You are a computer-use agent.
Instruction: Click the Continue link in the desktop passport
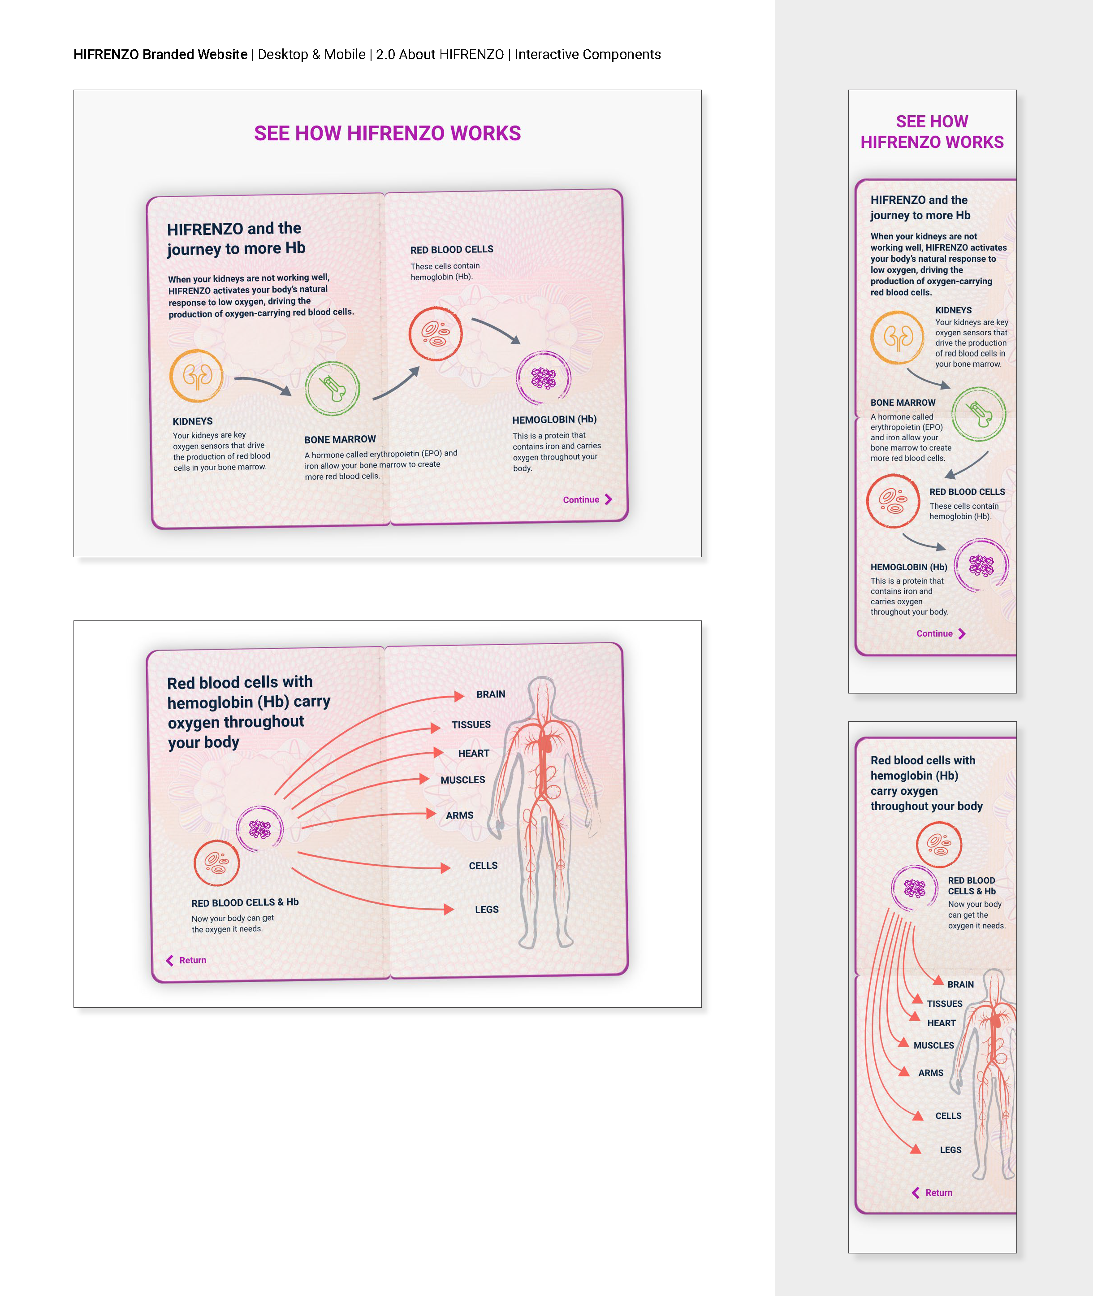tap(586, 499)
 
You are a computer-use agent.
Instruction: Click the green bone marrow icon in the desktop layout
tap(332, 389)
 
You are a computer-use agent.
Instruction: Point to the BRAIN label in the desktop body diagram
tap(490, 694)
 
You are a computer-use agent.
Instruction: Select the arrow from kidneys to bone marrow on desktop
tap(263, 384)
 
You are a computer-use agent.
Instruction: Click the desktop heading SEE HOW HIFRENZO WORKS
tap(387, 133)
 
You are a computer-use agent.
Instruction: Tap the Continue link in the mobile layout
tap(940, 633)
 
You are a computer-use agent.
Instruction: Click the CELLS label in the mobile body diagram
tap(948, 1116)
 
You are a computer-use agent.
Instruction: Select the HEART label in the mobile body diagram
tap(941, 1023)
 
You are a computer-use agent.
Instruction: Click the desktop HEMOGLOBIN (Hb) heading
tap(554, 420)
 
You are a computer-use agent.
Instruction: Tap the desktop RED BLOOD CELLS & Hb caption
tap(245, 902)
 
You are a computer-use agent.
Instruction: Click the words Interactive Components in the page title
tap(588, 55)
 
